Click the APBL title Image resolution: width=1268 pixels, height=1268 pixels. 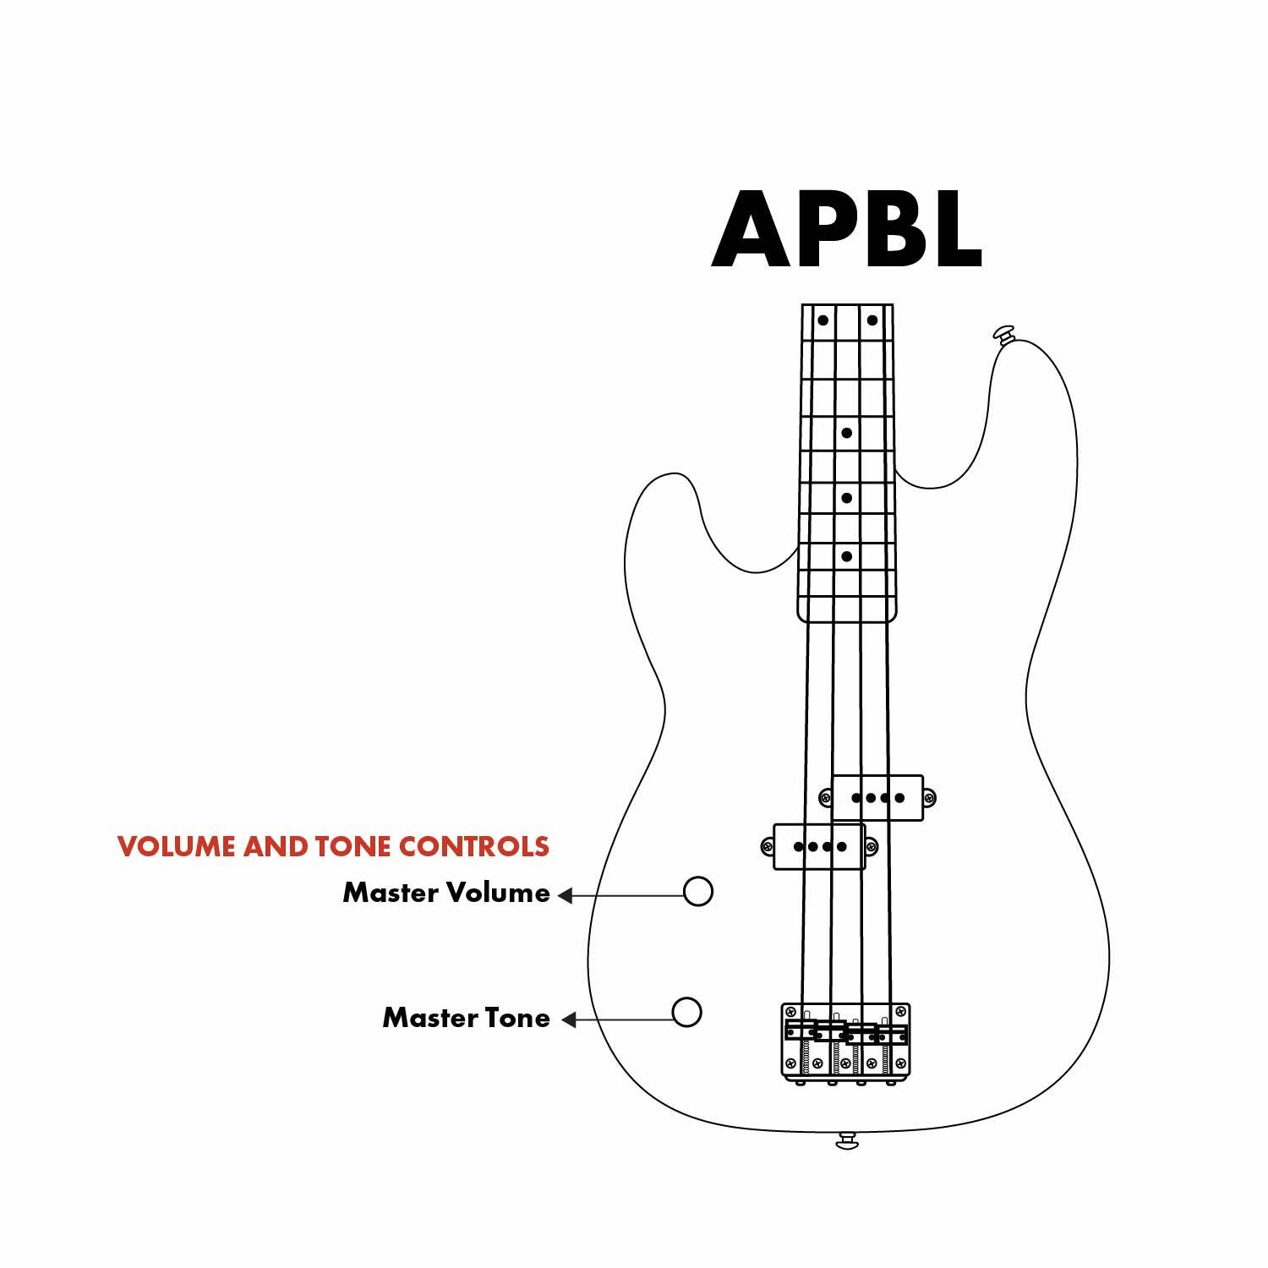coord(846,230)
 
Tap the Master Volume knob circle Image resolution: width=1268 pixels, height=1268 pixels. coord(698,891)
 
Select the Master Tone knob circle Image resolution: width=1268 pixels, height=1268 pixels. coord(686,1011)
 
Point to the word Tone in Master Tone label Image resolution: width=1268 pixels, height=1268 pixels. coord(516,1018)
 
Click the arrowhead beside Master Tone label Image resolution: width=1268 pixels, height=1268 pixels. coord(569,1019)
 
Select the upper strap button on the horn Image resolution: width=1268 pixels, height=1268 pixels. coord(1003,333)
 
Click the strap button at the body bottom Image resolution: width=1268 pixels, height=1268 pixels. coord(847,1141)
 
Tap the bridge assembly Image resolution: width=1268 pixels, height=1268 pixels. coord(845,1041)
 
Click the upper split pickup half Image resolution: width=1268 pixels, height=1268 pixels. coord(877,797)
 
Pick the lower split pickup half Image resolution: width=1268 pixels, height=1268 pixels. coord(819,846)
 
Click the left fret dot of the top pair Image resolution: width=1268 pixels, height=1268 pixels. coord(823,320)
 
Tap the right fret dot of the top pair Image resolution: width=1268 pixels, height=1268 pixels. coord(872,320)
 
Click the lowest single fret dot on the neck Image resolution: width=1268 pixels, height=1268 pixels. coord(846,556)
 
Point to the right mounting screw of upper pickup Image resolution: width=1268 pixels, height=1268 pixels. coord(929,797)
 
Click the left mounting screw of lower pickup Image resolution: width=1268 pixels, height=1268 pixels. coord(768,846)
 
